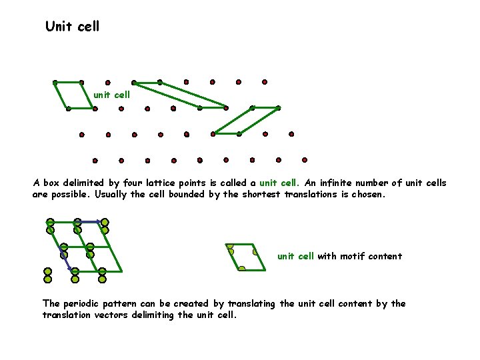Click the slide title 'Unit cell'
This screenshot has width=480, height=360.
pyautogui.click(x=72, y=27)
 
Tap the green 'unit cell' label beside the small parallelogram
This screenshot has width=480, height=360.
pyautogui.click(x=111, y=95)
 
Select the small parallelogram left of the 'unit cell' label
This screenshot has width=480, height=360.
pyautogui.click(x=73, y=95)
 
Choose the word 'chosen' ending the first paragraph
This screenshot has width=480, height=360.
pyautogui.click(x=369, y=195)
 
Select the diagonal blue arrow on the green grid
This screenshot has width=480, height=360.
pyautogui.click(x=67, y=259)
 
